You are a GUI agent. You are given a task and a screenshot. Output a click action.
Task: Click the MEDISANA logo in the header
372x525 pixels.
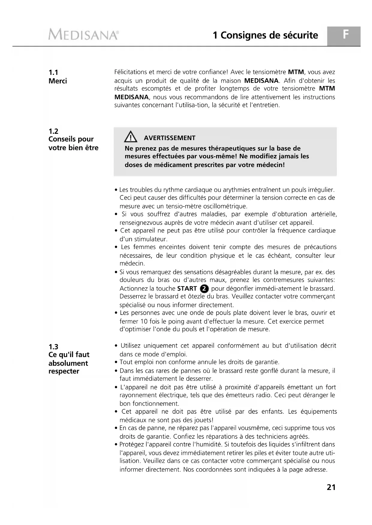[83, 35]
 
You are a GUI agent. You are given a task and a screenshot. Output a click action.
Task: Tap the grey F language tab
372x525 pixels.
[346, 35]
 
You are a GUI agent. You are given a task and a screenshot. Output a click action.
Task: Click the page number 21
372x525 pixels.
[331, 487]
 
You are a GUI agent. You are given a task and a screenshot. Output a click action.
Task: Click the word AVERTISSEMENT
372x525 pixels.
[169, 138]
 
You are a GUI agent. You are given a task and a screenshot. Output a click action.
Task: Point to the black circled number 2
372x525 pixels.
[204, 289]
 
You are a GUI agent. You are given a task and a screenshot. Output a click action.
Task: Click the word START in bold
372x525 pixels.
[187, 289]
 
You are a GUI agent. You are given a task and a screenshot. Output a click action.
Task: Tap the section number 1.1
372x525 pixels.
[53, 72]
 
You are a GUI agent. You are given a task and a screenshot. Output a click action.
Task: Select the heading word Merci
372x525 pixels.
[58, 81]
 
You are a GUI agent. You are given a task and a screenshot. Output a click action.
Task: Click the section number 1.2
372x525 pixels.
[53, 131]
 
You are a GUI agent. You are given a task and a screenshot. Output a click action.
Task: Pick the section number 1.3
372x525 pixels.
[53, 347]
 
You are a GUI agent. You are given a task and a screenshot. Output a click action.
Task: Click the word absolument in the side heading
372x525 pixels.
[68, 363]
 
